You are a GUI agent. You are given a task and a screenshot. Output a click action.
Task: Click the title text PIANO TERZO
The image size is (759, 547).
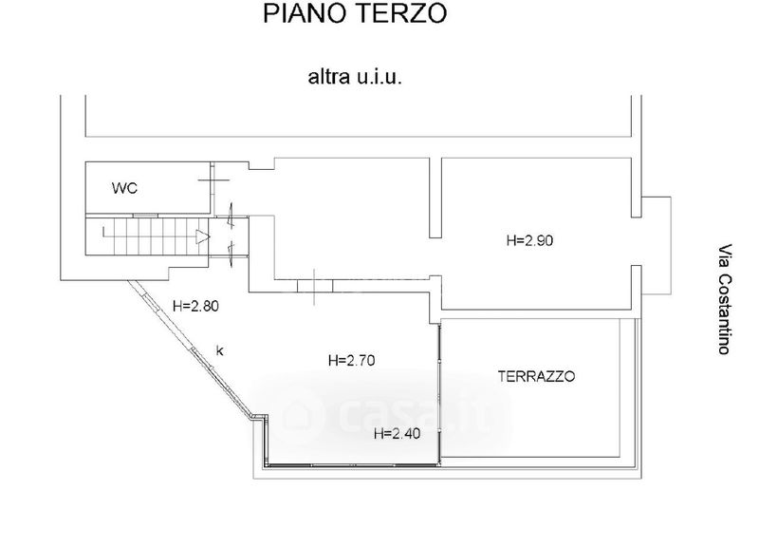point(352,14)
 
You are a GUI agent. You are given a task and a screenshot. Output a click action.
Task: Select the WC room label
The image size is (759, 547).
point(124,188)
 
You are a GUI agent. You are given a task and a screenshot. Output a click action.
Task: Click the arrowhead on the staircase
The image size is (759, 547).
point(201,236)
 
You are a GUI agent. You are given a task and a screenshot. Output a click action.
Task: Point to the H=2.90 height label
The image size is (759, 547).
point(529,241)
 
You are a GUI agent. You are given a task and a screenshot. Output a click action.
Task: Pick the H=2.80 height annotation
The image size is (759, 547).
point(196,307)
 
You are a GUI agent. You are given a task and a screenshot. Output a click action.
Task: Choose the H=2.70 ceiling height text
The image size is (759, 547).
point(353,361)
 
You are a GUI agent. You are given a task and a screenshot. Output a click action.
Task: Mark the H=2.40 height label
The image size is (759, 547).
point(398,435)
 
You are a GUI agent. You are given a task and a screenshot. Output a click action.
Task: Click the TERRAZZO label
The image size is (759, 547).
point(537,377)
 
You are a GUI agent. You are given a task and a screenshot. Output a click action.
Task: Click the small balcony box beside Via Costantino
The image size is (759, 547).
point(657,244)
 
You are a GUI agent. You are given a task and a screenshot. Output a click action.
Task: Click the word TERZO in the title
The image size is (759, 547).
point(399,14)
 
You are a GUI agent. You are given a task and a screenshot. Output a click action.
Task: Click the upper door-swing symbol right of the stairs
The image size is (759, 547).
point(232,216)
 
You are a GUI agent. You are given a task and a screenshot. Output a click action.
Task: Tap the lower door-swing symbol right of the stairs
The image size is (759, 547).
point(232,248)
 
